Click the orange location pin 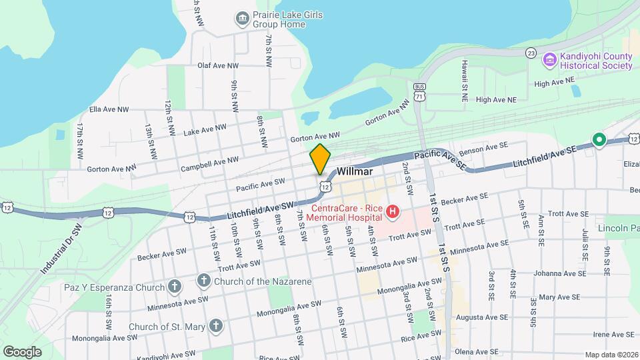coord(320,159)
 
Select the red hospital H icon coord(393,213)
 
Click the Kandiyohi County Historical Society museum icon coord(550,60)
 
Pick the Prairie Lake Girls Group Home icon coord(242,18)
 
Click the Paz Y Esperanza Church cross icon coord(174,287)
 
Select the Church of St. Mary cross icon coord(215,326)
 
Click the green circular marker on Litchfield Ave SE coord(599,140)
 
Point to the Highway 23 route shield coord(531,53)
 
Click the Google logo coord(22,351)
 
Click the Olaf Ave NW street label coord(218,65)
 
